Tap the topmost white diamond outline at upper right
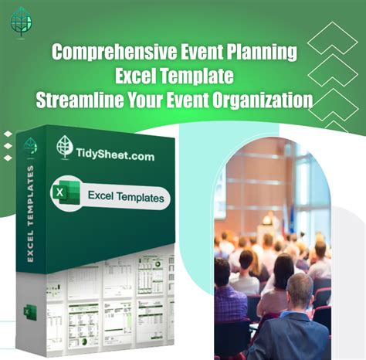pos(332,36)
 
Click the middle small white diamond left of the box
pos(8,146)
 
